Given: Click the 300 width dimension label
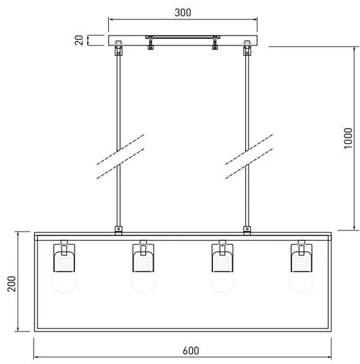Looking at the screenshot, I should click(x=182, y=12).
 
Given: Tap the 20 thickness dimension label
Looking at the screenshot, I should click(x=78, y=40).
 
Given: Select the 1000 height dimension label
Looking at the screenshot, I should click(x=348, y=138).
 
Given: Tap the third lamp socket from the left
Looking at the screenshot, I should click(x=222, y=257).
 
